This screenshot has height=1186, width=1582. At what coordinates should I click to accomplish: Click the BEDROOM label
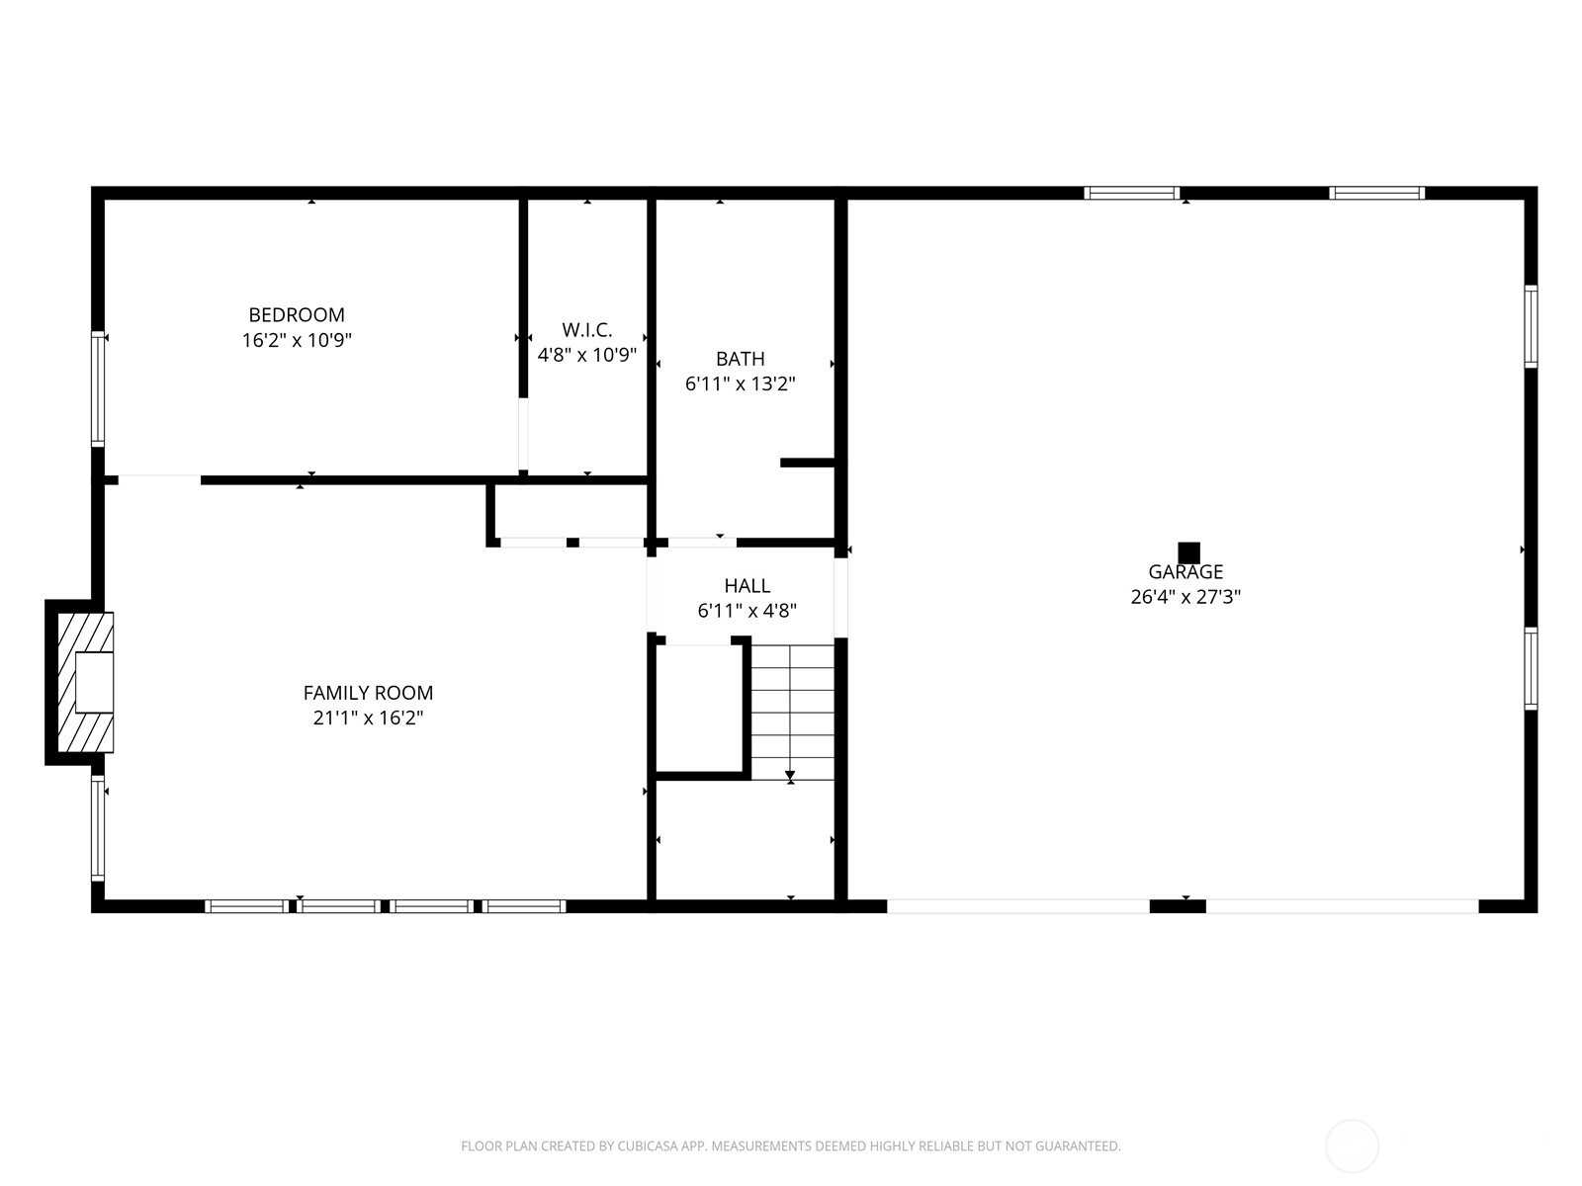[297, 315]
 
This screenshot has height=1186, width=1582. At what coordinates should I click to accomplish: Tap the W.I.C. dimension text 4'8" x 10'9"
[586, 355]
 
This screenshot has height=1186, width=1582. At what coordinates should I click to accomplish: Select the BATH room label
[741, 359]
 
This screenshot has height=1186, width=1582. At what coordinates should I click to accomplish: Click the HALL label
[747, 586]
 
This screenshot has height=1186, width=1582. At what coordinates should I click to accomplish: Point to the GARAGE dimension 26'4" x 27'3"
[1186, 597]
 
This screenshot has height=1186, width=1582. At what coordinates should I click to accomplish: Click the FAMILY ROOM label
[368, 693]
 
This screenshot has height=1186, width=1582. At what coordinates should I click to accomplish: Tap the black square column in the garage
[1188, 552]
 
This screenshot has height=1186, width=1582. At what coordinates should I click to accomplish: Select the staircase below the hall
[792, 712]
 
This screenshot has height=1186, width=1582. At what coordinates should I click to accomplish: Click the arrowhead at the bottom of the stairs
[790, 776]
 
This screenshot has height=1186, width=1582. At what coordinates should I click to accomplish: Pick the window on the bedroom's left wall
[98, 388]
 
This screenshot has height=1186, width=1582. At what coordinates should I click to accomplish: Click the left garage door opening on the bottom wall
[1018, 905]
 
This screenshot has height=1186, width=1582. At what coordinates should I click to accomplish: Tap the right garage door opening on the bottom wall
[1342, 905]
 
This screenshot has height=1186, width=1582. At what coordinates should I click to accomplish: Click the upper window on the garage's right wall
[1531, 326]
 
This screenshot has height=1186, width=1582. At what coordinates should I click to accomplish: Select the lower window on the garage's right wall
[1531, 668]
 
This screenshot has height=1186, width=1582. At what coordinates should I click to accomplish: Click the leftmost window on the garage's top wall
[1131, 193]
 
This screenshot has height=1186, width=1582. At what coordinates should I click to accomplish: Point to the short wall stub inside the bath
[808, 463]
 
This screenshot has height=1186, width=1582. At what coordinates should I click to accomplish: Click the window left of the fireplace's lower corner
[98, 828]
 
